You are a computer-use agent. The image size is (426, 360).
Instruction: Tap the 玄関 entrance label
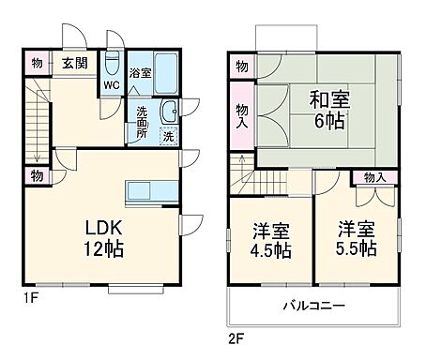point(76,64)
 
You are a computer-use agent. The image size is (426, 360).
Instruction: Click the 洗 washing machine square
point(167,135)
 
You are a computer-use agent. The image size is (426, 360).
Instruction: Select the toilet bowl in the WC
point(112,67)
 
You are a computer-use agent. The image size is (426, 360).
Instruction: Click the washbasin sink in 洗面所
point(169,112)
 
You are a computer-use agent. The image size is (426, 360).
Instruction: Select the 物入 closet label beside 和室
point(241,115)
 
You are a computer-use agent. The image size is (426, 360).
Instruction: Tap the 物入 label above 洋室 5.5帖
point(373,178)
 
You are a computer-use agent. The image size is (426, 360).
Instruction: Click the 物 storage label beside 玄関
point(36,64)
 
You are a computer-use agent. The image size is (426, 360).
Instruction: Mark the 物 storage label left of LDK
point(36,175)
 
